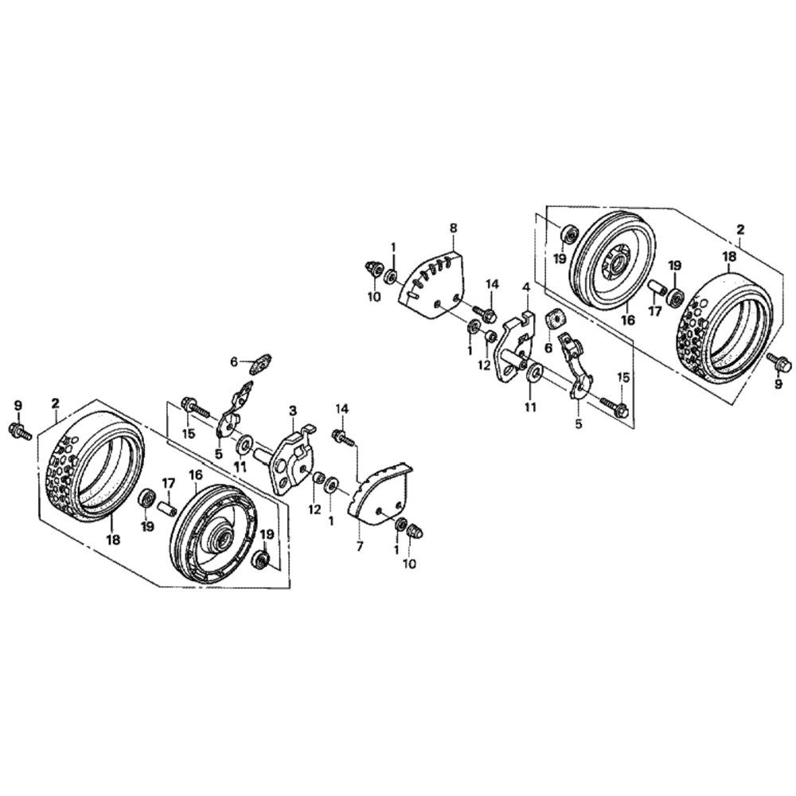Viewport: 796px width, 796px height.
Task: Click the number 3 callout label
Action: tap(292, 411)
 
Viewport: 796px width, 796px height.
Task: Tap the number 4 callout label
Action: tap(526, 287)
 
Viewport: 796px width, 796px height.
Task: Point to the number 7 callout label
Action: tap(360, 548)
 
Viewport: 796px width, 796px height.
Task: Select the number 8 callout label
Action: tap(454, 228)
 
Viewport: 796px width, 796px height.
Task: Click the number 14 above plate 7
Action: tap(342, 408)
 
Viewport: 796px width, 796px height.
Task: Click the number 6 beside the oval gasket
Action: tap(233, 361)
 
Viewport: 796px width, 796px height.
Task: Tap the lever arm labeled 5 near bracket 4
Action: tap(576, 365)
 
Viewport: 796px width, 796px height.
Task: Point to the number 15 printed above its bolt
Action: tap(623, 377)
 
